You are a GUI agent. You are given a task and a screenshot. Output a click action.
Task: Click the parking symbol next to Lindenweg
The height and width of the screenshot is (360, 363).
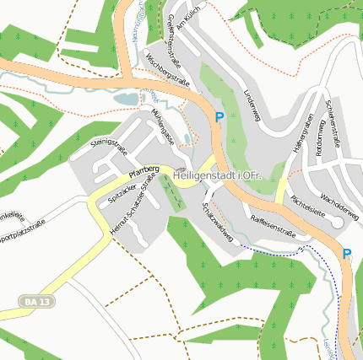[219, 118]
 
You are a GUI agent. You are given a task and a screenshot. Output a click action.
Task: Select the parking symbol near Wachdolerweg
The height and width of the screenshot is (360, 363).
[347, 253]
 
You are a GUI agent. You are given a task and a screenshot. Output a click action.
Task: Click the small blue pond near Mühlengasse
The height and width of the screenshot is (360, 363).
[126, 99]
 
